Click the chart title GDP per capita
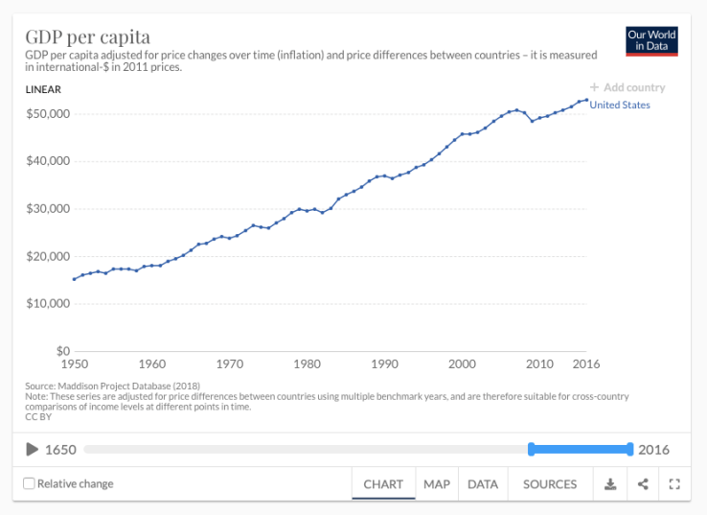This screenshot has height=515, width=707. click(87, 37)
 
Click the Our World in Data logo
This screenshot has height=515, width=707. click(651, 40)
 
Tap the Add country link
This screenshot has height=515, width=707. click(627, 87)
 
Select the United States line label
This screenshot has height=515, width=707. click(620, 105)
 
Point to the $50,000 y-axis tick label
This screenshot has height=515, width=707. click(47, 114)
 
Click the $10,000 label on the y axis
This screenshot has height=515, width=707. click(47, 304)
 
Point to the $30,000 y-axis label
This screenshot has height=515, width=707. click(47, 209)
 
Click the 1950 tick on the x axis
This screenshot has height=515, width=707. click(74, 364)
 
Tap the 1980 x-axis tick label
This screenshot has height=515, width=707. click(307, 364)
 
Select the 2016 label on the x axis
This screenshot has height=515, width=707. click(586, 364)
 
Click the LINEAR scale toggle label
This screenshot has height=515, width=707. click(43, 90)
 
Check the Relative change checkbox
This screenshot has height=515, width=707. click(29, 483)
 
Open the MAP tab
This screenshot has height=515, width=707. click(437, 484)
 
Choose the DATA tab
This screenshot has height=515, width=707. click(483, 484)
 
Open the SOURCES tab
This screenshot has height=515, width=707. click(550, 484)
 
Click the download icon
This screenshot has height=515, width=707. click(610, 484)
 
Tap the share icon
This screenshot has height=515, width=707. click(643, 484)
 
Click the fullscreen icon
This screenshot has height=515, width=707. click(674, 484)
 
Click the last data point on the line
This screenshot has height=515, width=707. click(586, 99)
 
